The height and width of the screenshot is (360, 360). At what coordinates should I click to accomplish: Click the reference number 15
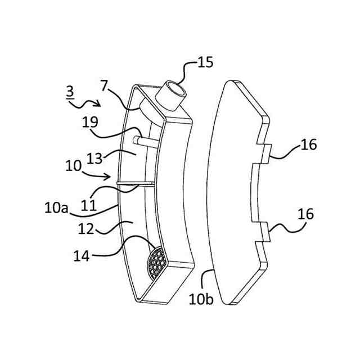point(205,62)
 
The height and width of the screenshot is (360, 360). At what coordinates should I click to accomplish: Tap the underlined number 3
point(69,91)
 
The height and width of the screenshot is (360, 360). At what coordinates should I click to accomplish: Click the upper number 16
point(309,145)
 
